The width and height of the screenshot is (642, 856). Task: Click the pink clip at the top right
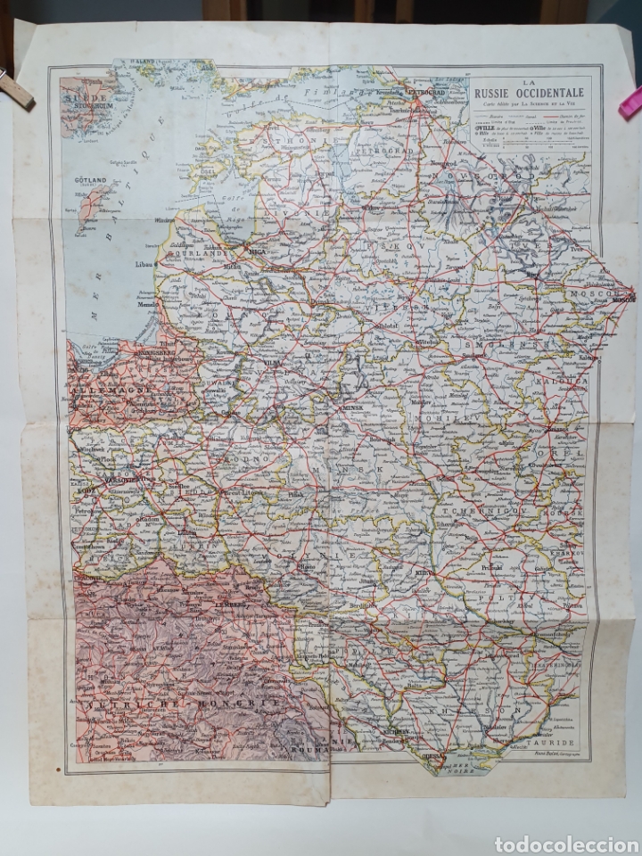coord(630,102)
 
